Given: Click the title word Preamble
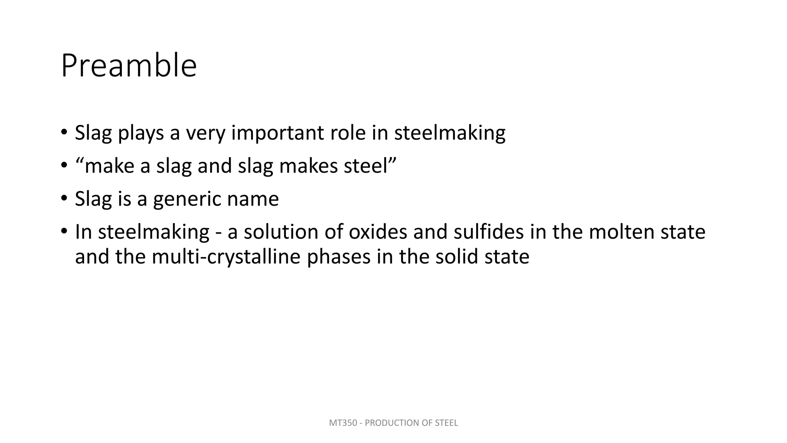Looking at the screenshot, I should click(129, 66).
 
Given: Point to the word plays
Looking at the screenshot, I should click(141, 133).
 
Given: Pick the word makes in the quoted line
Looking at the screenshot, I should click(309, 166).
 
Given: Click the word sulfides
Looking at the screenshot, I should click(488, 232).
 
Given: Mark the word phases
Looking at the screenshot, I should click(339, 257).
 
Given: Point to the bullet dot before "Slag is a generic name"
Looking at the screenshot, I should click(64, 199).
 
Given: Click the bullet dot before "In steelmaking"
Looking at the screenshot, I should click(64, 232).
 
